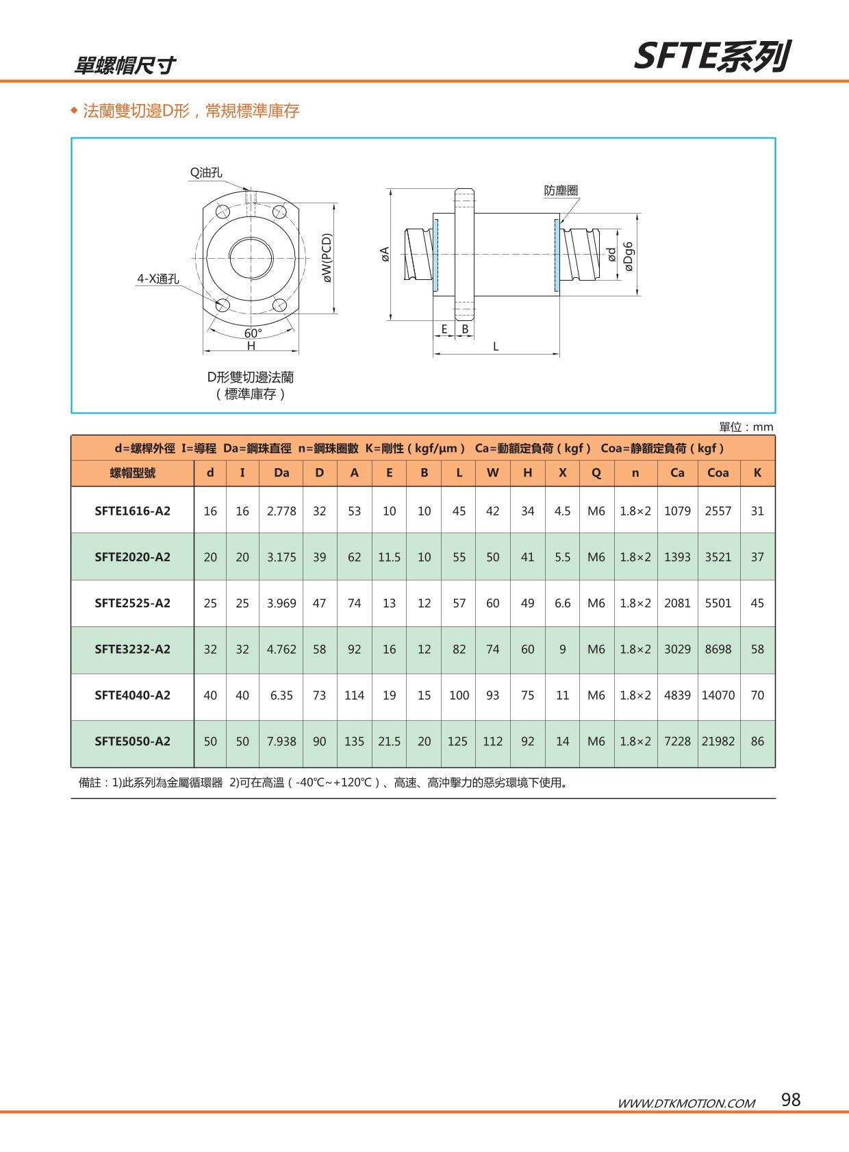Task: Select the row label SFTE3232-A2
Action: (132, 649)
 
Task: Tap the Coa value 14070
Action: (718, 695)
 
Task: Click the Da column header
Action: (281, 472)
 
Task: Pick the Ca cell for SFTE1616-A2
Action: (677, 511)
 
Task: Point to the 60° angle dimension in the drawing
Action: (253, 333)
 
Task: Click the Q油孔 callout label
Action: (205, 172)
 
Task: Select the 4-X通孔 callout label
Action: (157, 279)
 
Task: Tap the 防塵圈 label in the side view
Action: (561, 190)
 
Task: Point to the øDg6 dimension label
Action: (628, 255)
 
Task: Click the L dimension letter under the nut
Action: (496, 346)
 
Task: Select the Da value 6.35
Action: (281, 695)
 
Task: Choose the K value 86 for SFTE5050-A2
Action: (757, 741)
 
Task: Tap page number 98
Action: (790, 1099)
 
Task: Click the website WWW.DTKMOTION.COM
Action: (686, 1103)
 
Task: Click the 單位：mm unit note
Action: (746, 427)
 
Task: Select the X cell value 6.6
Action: (562, 603)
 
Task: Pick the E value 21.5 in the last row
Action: (389, 741)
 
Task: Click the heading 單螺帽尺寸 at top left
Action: (125, 65)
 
